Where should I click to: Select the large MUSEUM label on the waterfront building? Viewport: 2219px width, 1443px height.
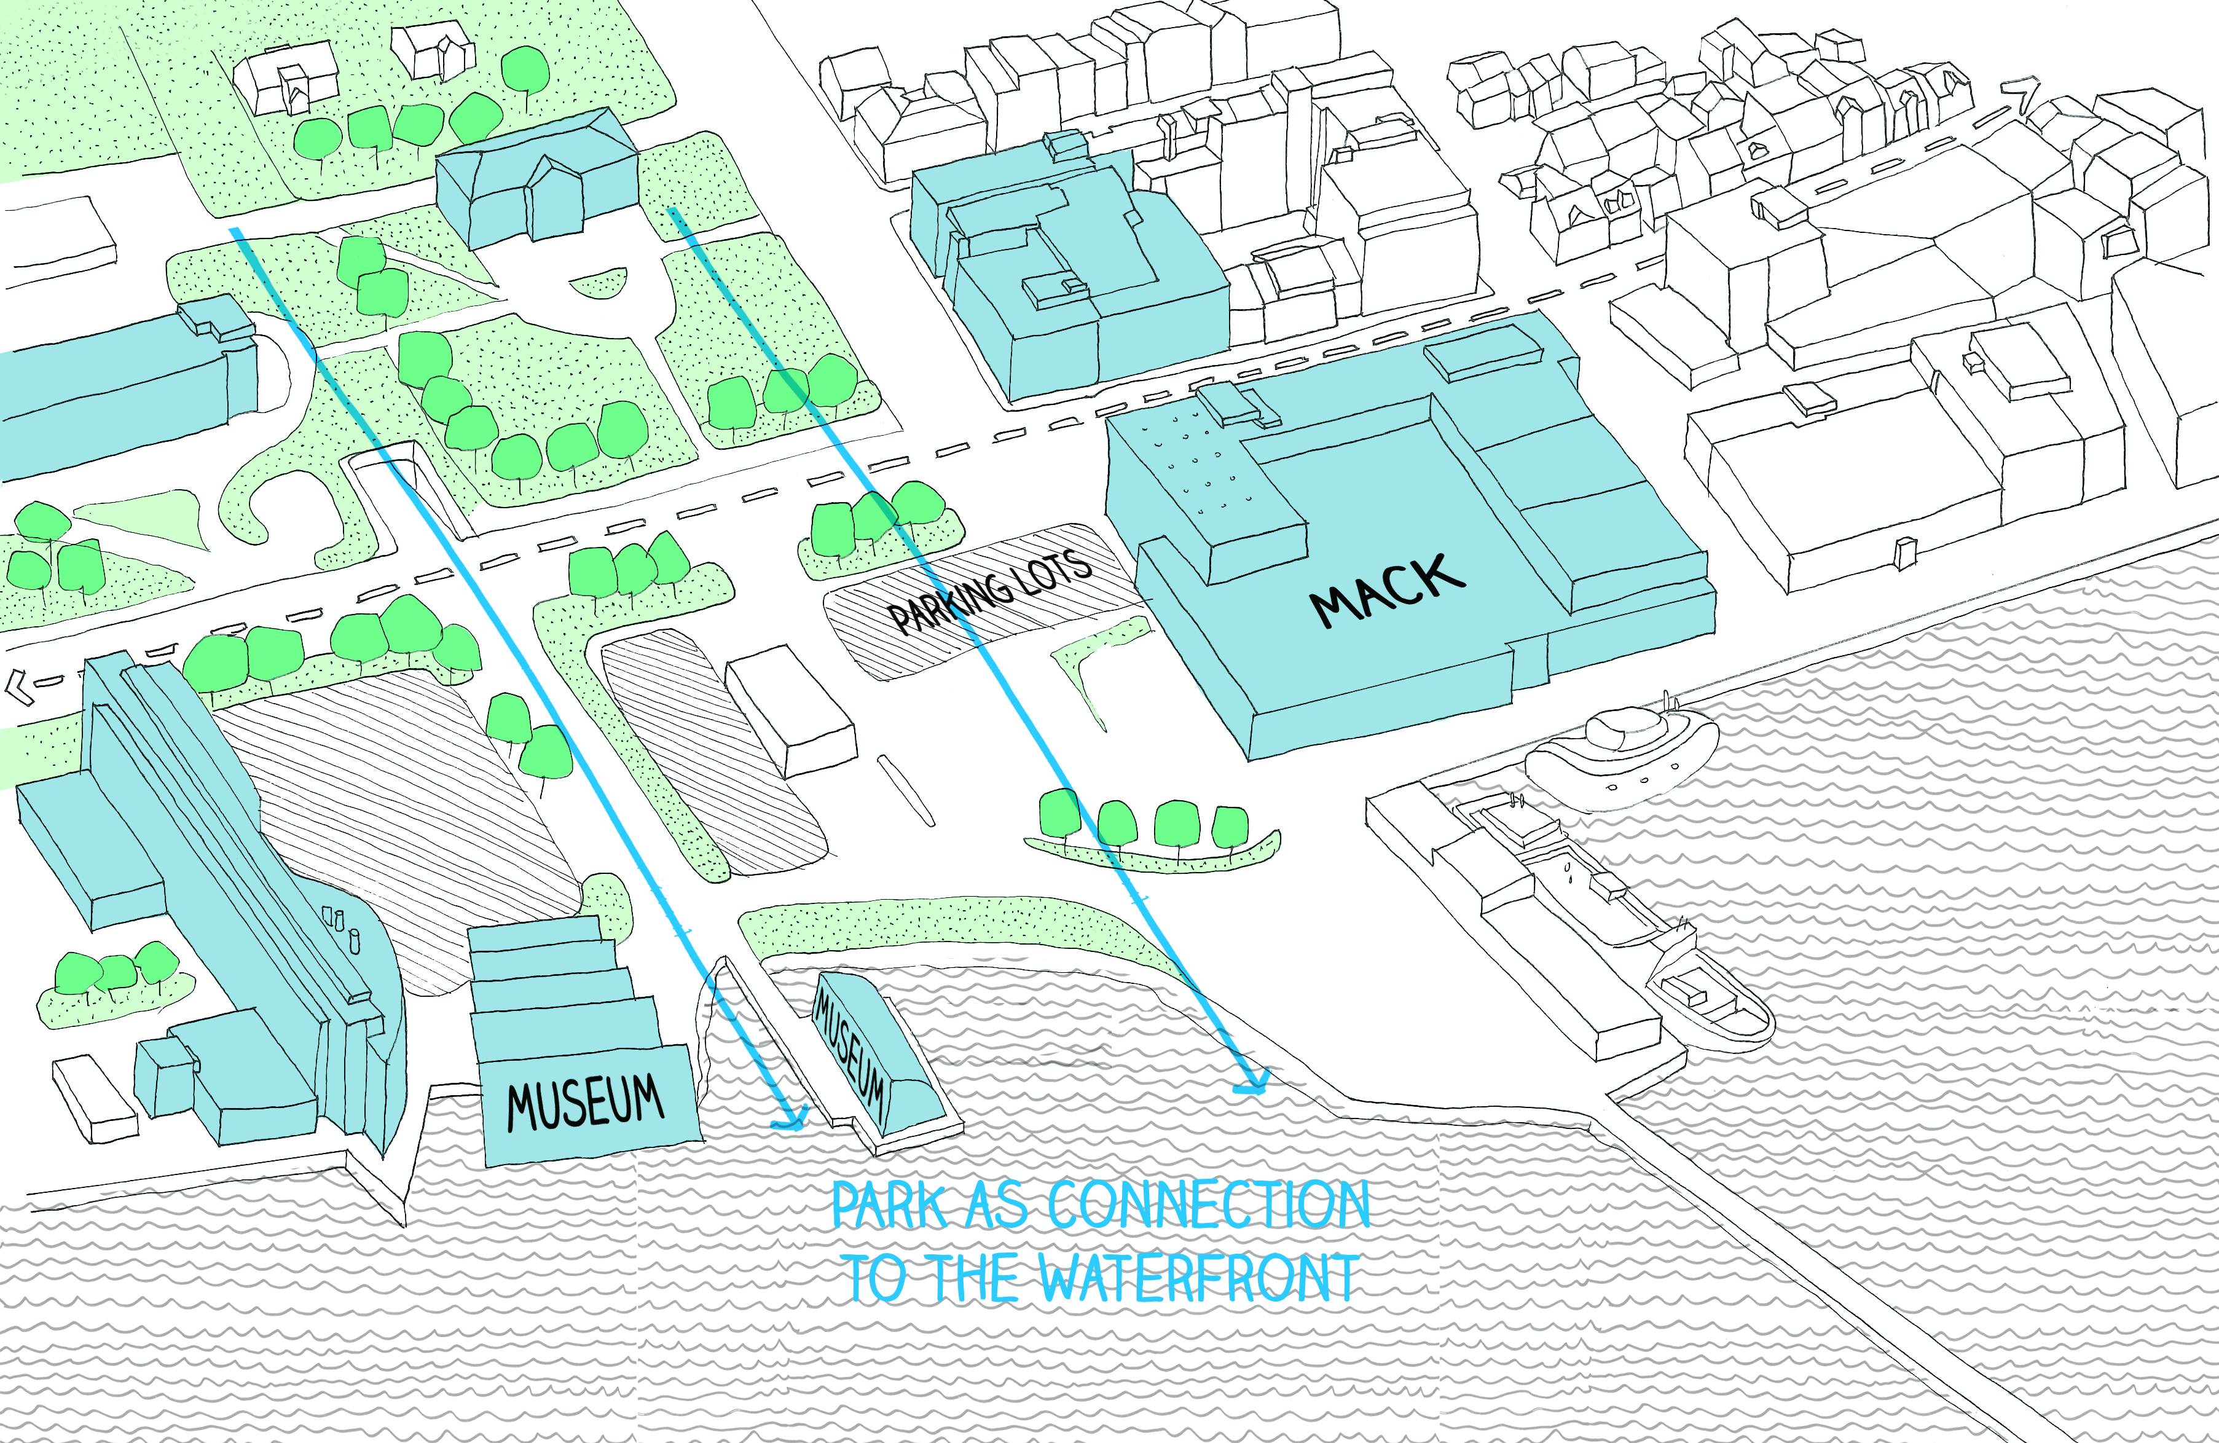(x=586, y=1103)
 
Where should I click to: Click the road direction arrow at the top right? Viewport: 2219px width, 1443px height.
(x=2021, y=97)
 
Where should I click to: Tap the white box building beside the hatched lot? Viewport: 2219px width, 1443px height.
(x=791, y=710)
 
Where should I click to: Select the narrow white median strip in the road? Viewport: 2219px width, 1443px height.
(x=905, y=790)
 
